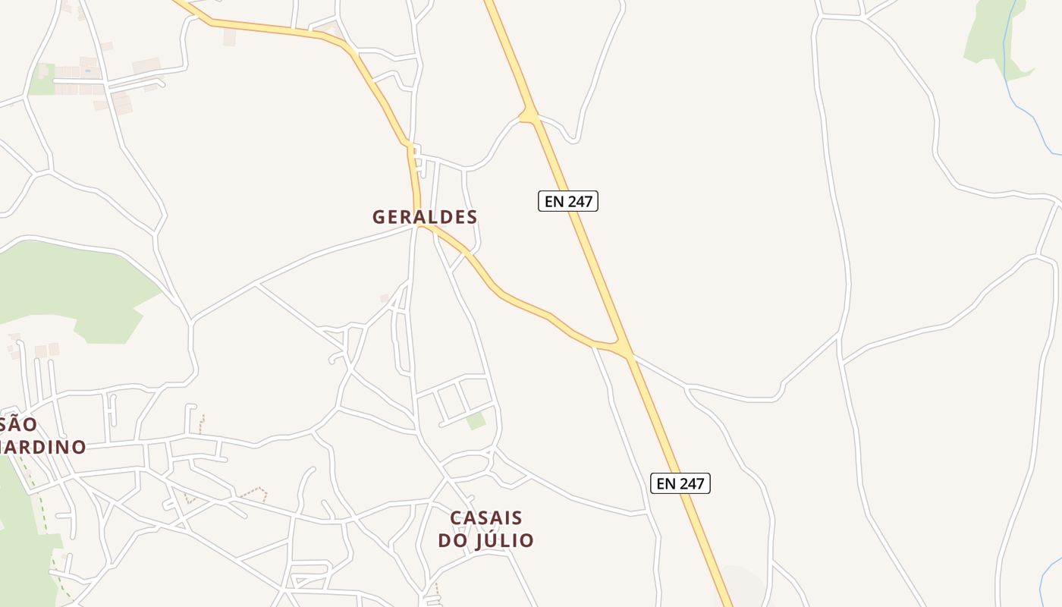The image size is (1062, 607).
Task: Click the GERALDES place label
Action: click(x=425, y=217)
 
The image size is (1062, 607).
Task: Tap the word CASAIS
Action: click(x=486, y=518)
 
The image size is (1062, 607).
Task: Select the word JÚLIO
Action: click(x=504, y=540)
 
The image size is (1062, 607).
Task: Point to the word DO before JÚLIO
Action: click(x=453, y=540)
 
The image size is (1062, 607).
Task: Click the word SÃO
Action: click(x=18, y=424)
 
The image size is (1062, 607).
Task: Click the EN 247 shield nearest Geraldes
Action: click(x=568, y=201)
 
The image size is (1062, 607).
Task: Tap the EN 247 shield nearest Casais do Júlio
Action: click(x=680, y=483)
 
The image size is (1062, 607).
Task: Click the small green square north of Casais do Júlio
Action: click(x=476, y=420)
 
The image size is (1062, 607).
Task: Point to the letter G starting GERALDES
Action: click(x=379, y=217)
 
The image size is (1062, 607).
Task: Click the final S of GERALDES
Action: click(x=471, y=217)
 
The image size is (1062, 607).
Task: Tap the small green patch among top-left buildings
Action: click(x=42, y=79)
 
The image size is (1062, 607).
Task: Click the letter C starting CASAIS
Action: click(x=457, y=518)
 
